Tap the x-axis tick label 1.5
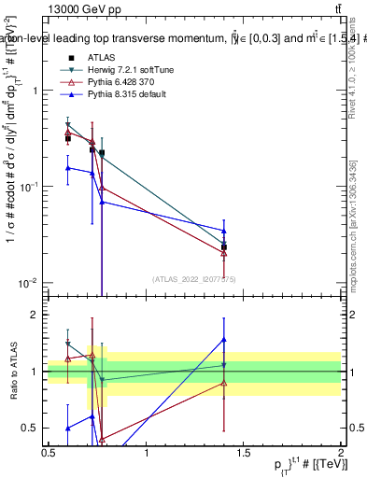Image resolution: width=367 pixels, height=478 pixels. coord(244,454)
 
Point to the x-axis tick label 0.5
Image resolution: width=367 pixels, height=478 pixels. coord(49,454)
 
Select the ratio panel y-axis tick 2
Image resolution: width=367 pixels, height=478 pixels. coord(35,315)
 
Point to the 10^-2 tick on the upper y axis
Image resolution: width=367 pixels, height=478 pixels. coord(30,282)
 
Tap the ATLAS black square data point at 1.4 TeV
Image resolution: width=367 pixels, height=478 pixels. coord(224,246)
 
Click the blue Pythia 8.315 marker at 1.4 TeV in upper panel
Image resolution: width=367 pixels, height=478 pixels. coord(224,231)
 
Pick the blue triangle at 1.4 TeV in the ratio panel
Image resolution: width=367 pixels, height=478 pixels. coord(224,340)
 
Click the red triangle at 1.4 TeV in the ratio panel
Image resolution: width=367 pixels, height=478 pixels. coord(224,383)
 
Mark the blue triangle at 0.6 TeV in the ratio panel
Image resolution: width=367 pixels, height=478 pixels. coord(67,428)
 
